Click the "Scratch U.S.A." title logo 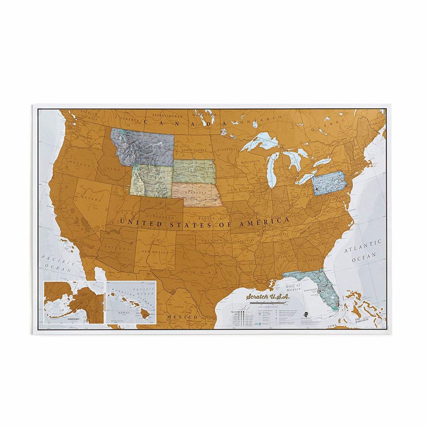tap(267, 297)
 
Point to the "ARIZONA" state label tap(114, 247)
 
